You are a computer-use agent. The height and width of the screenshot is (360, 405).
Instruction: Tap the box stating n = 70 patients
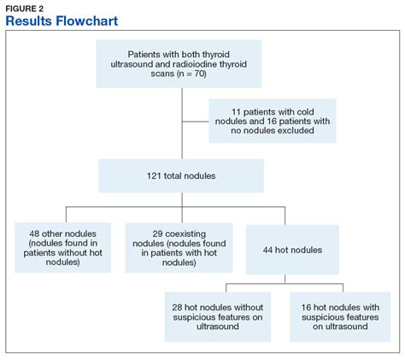point(183,64)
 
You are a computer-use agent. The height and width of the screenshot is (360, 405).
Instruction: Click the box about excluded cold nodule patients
point(273,119)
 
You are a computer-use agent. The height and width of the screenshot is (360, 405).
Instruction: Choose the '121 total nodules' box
point(183,174)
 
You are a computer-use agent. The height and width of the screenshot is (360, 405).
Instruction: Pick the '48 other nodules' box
point(62,248)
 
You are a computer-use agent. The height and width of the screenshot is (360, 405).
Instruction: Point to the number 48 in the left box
point(34,233)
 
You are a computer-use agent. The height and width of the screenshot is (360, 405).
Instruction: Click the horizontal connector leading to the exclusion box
point(196,119)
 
